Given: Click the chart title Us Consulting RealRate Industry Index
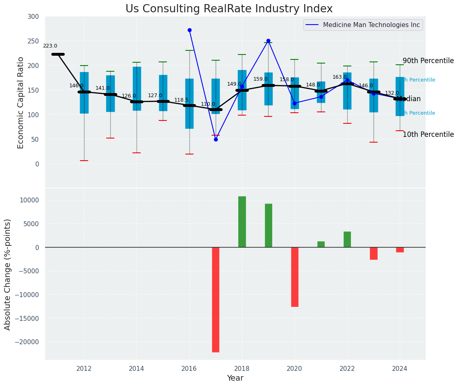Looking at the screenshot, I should click(229, 9).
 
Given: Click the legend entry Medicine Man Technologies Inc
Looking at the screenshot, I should click(371, 25).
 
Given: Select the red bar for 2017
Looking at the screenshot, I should click(216, 299).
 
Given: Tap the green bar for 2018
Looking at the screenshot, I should click(242, 222).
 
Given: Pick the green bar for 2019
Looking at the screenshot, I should click(268, 225).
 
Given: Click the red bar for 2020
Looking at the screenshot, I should click(294, 277).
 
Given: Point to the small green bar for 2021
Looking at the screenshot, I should click(321, 244).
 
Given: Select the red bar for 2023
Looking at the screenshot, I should click(374, 253).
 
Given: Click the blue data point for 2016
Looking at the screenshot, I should click(189, 30).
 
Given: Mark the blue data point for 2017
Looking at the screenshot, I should click(216, 139).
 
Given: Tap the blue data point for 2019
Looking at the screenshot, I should click(268, 41).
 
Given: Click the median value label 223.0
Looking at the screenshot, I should click(50, 46).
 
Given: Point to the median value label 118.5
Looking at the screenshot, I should click(181, 100).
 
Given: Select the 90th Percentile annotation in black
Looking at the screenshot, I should click(428, 61).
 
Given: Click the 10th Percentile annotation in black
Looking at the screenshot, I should click(428, 135).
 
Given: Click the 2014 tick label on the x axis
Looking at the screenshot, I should click(137, 368).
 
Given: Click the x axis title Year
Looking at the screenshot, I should click(235, 378).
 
